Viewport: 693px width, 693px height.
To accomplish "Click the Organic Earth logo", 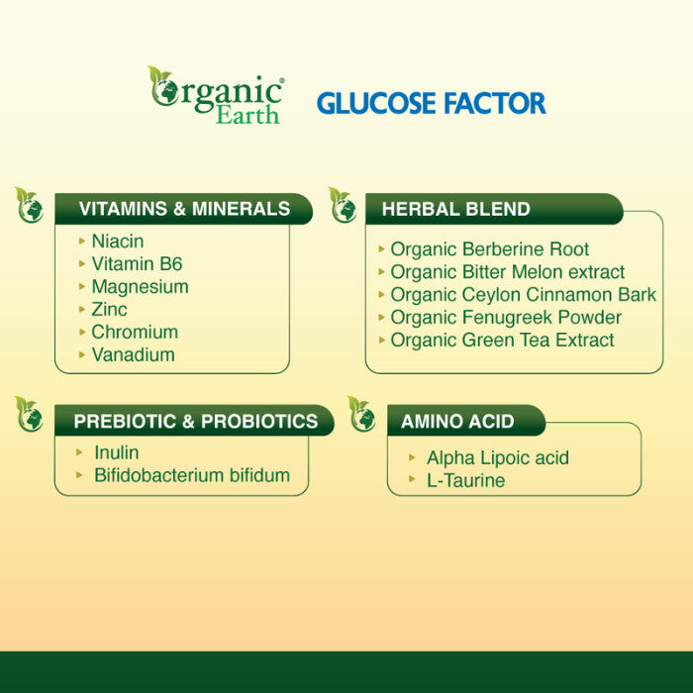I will click(x=216, y=96).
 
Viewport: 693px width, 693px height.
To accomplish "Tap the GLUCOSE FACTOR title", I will click(x=431, y=103).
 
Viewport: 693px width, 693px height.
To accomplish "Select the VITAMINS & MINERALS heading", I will click(x=184, y=209).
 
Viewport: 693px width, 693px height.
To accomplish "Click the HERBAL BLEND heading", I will click(x=455, y=209).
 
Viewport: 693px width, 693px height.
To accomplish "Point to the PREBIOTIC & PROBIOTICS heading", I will click(x=196, y=421).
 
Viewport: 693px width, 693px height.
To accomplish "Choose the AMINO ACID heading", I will click(x=457, y=421).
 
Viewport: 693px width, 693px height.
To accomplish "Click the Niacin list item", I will click(x=117, y=242).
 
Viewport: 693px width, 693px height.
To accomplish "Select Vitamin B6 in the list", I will click(x=137, y=264).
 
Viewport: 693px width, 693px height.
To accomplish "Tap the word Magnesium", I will click(x=140, y=287).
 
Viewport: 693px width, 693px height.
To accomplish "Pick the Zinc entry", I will click(x=109, y=310).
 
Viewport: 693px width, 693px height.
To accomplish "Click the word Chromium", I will click(x=135, y=333).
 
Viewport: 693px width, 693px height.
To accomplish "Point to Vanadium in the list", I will click(x=133, y=355).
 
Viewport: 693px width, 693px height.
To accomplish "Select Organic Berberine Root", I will click(x=489, y=249).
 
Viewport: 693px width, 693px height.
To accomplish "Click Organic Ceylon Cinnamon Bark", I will click(x=523, y=295).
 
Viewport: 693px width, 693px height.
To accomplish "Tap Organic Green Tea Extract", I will click(x=502, y=341).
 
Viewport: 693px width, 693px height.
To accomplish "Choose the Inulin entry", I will click(x=116, y=453).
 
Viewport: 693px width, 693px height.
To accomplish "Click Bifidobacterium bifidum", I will click(x=192, y=476).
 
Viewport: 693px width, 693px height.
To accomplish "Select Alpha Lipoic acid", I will click(x=497, y=458).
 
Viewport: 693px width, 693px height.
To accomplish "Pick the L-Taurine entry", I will click(x=465, y=481).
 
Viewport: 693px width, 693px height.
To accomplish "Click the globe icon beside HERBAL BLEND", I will click(x=343, y=206).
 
